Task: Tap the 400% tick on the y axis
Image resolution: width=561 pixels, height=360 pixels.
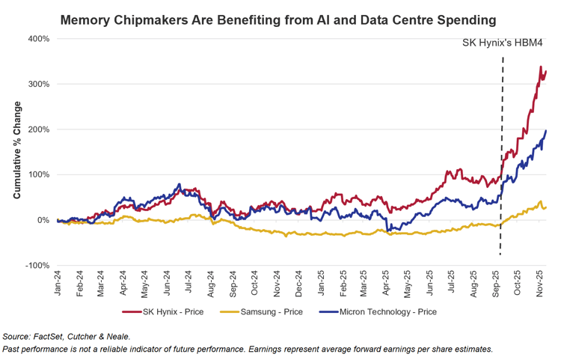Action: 39,39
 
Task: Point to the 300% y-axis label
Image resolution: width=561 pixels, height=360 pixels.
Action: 39,84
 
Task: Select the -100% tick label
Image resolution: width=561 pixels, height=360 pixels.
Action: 37,265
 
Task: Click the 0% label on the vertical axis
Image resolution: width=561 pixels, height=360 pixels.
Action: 43,220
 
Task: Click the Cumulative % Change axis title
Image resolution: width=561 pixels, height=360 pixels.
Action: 16,150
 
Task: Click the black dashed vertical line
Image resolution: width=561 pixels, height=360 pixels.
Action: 500,150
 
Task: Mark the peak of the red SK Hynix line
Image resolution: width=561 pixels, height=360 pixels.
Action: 541,67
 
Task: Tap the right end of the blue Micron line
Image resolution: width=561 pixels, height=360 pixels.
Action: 546,131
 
